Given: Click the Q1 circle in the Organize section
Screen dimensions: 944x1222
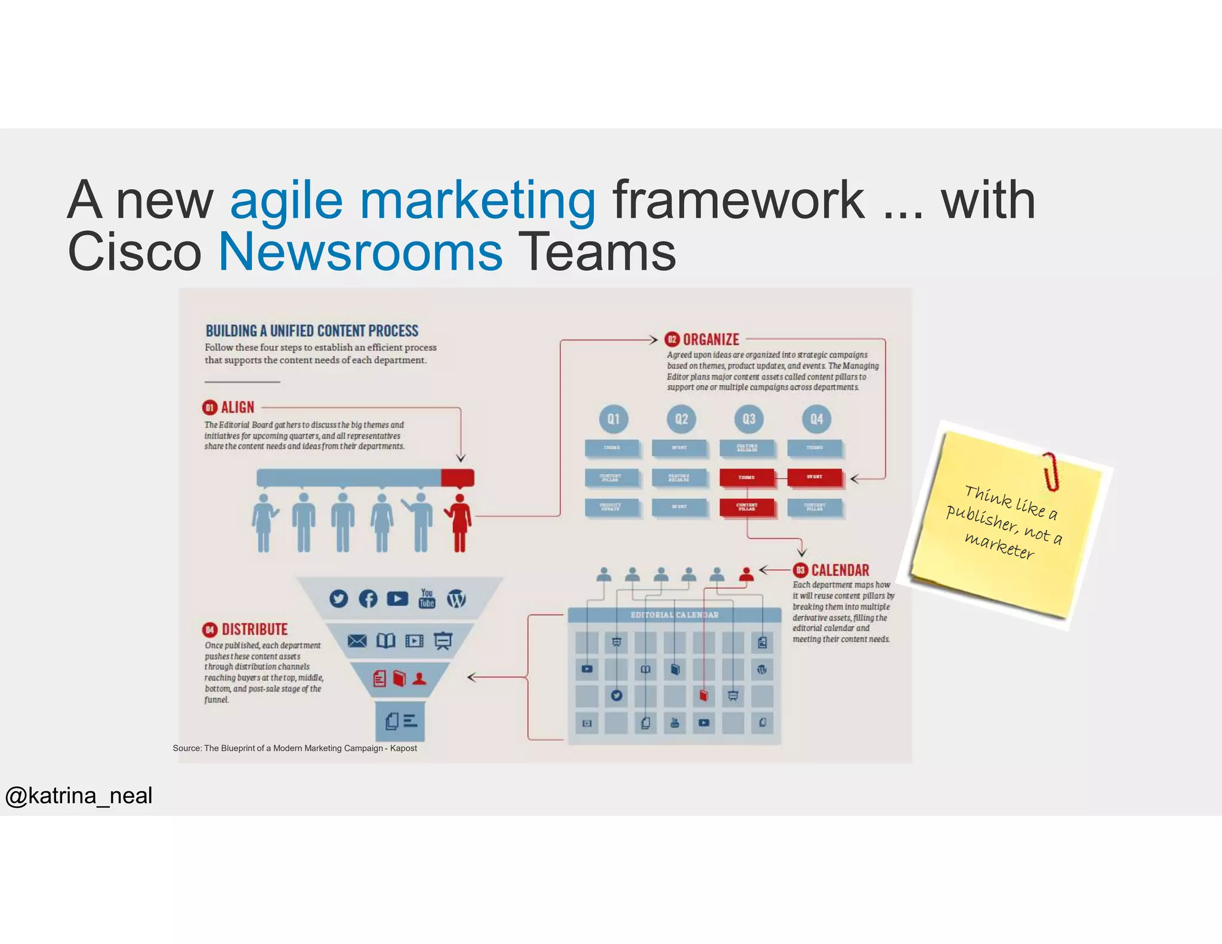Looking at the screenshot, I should coord(613,419).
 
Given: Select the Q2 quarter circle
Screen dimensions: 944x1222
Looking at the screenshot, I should coord(681,419).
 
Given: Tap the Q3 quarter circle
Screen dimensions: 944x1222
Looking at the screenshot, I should coord(749,419).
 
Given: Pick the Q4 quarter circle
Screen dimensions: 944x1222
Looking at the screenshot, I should coord(816,419).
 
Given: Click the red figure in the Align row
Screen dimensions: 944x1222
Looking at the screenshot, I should coord(459,522).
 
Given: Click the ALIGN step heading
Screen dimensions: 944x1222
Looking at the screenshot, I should coord(237,408).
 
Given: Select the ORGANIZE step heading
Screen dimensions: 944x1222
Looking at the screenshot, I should coord(710,340).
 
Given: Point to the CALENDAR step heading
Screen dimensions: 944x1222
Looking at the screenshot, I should coord(840,570).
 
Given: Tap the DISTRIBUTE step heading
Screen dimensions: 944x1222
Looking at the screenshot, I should coord(254,630).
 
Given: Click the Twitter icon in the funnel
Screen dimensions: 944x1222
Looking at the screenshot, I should coord(338,599).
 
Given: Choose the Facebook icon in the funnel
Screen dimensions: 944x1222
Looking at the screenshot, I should coord(368,599).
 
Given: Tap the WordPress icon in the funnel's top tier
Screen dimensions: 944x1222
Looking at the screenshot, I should coord(456,599).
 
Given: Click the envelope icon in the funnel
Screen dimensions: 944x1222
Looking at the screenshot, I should coord(357,641).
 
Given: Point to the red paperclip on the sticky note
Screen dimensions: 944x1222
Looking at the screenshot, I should coord(1051,471).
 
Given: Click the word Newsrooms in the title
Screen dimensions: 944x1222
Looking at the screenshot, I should coord(360,252).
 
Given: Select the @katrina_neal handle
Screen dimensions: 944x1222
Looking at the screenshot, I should coord(79,795).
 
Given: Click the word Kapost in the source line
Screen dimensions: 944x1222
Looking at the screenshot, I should coord(403,748).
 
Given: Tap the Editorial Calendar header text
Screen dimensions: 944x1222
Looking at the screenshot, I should coord(674,615).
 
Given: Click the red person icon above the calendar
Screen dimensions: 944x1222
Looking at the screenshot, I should coord(746,574).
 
